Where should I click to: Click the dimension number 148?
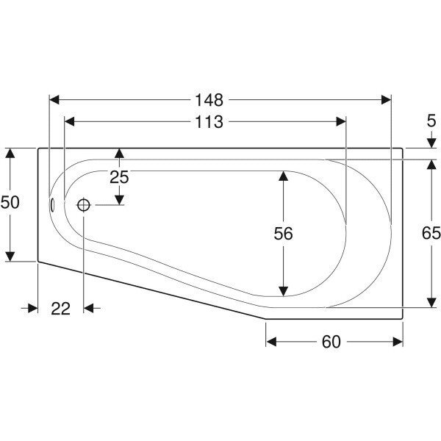[209, 100]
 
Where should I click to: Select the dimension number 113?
[209, 122]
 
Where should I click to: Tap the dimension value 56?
[283, 234]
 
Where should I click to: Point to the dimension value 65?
[431, 233]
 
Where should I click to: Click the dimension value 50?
[10, 202]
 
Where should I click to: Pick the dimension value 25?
[119, 177]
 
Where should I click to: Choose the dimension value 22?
[60, 309]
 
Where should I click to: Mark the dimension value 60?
[331, 342]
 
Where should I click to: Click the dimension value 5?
[431, 121]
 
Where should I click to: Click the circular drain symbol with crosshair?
[84, 205]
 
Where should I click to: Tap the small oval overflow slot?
[52, 204]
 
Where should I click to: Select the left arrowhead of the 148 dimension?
[54, 100]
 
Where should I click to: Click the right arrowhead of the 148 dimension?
[386, 100]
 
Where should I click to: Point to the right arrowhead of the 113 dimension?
[341, 122]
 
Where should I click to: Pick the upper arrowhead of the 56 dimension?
[283, 176]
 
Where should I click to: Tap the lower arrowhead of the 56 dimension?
[283, 291]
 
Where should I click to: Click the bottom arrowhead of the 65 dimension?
[431, 303]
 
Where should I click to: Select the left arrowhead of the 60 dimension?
[271, 342]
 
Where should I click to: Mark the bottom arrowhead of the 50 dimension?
[10, 257]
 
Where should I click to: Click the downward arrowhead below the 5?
[431, 143]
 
